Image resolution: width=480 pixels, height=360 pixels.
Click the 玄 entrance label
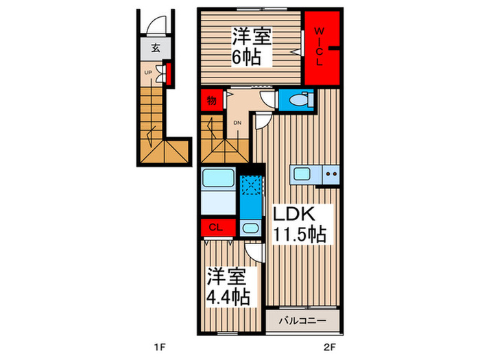156,48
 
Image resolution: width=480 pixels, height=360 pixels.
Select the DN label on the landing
237,123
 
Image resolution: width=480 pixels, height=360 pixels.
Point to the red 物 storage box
211,101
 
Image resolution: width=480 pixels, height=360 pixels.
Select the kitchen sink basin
304,174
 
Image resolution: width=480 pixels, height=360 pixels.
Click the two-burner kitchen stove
331,174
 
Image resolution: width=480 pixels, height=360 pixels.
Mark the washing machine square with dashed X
251,185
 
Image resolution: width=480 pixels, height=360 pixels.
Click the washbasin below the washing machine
251,228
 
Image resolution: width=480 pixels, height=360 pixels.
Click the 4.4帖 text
227,298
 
